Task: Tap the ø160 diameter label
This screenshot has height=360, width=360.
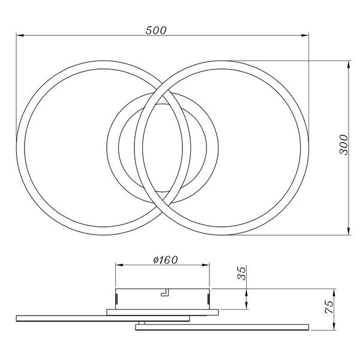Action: coord(162,260)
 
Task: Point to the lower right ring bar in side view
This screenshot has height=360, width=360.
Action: coord(222,328)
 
